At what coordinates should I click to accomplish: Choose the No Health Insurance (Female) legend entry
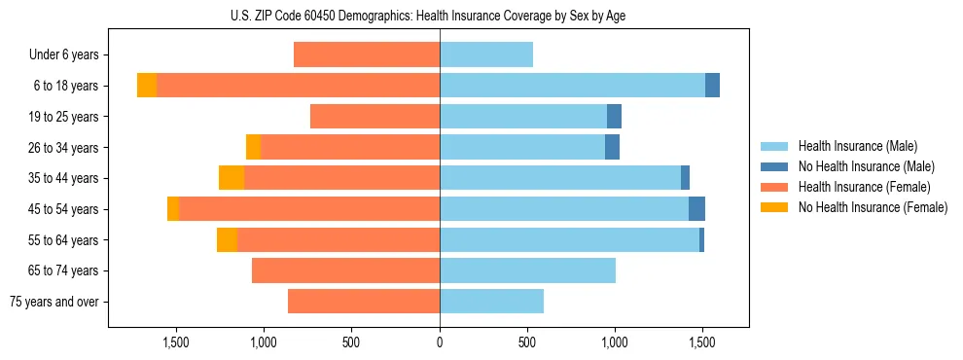pyautogui.click(x=873, y=207)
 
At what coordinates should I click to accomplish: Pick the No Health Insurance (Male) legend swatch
pyautogui.click(x=774, y=166)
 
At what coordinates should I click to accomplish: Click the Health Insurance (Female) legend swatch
pyautogui.click(x=774, y=187)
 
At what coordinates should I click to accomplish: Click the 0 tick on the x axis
pyautogui.click(x=440, y=342)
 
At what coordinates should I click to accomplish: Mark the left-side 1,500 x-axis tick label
pyautogui.click(x=176, y=342)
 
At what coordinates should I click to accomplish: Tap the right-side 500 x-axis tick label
pyautogui.click(x=527, y=342)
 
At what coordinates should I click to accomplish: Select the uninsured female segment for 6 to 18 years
pyautogui.click(x=147, y=86)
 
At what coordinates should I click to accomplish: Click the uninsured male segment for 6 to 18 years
pyautogui.click(x=712, y=86)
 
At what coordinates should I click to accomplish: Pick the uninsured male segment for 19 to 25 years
pyautogui.click(x=614, y=117)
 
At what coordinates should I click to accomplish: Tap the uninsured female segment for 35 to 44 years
pyautogui.click(x=232, y=178)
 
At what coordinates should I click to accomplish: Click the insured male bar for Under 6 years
pyautogui.click(x=486, y=55)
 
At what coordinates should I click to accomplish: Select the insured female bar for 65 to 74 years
pyautogui.click(x=345, y=270)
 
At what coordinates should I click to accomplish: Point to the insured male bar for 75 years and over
pyautogui.click(x=491, y=302)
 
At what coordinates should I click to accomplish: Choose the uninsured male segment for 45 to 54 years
pyautogui.click(x=696, y=209)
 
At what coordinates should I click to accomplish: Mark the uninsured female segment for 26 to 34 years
pyautogui.click(x=253, y=147)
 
